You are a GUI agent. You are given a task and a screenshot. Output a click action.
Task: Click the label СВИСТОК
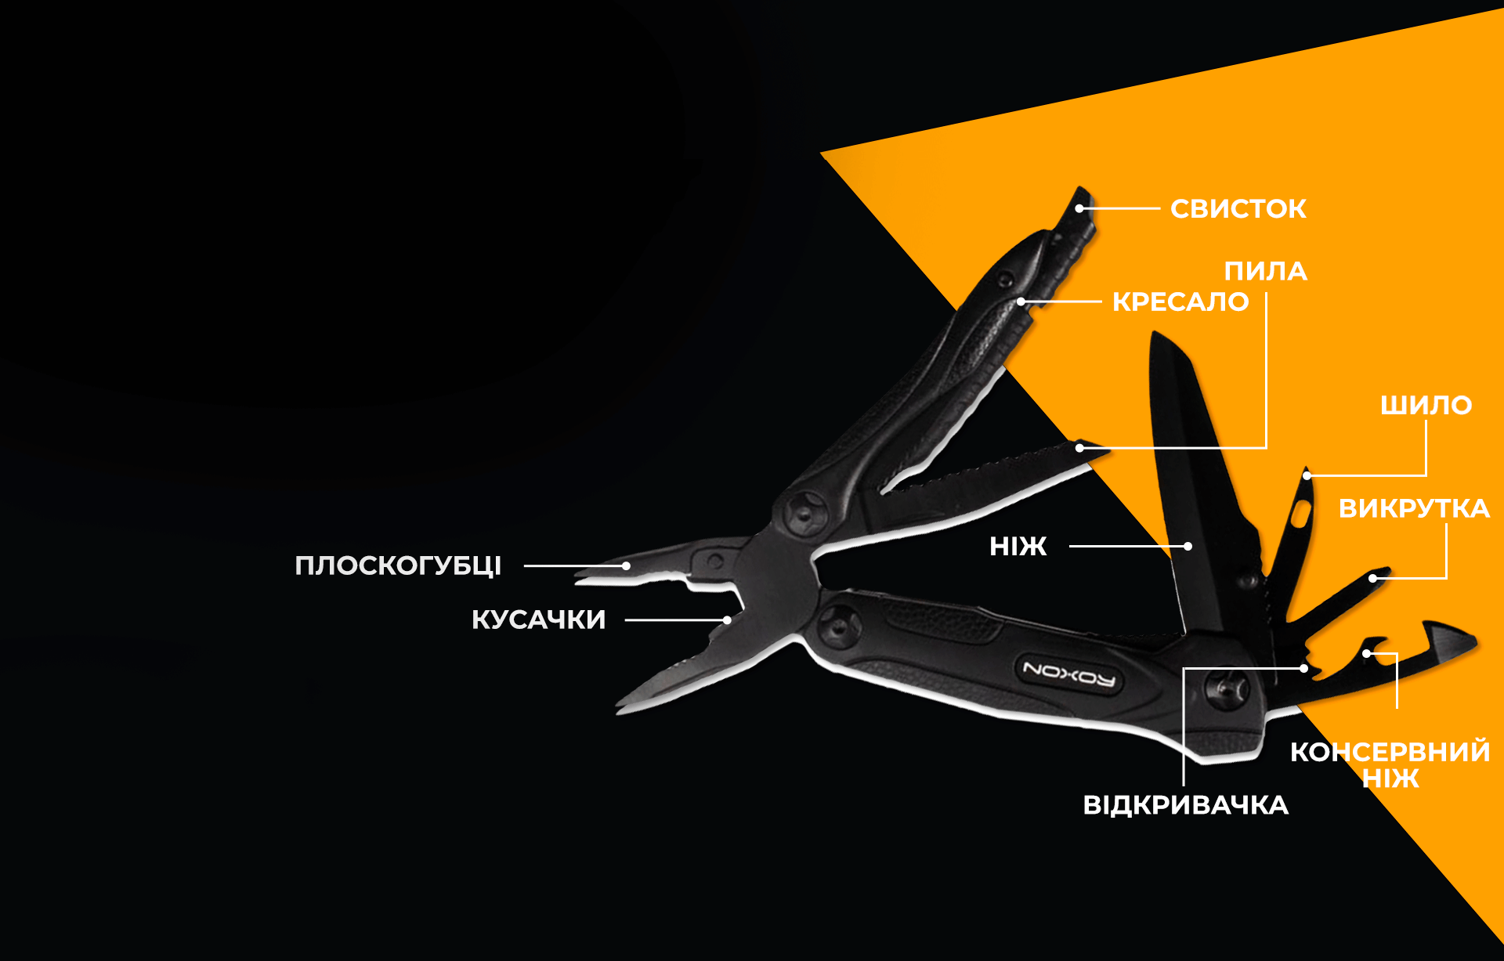pyautogui.click(x=1238, y=208)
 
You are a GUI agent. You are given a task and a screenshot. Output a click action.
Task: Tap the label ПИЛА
pyautogui.click(x=1265, y=271)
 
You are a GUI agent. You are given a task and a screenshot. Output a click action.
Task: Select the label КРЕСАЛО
pyautogui.click(x=1180, y=302)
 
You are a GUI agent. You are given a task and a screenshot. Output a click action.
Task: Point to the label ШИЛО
pyautogui.click(x=1426, y=405)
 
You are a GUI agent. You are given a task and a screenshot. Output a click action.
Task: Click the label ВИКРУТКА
pyautogui.click(x=1414, y=508)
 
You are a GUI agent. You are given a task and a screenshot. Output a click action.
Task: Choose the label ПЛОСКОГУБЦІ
pyautogui.click(x=398, y=565)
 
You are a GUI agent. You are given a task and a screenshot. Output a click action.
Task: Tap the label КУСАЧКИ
pyautogui.click(x=538, y=620)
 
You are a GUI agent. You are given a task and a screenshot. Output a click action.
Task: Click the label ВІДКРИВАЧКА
pyautogui.click(x=1185, y=805)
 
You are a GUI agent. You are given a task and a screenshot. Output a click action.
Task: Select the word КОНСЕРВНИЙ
pyautogui.click(x=1390, y=751)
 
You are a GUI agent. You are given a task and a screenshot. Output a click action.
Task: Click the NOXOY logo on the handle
pyautogui.click(x=1069, y=673)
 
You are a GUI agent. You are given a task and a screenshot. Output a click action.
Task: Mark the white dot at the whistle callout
pyautogui.click(x=1079, y=208)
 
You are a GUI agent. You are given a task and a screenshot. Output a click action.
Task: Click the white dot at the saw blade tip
pyautogui.click(x=1079, y=448)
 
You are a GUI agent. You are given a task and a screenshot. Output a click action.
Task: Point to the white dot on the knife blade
pyautogui.click(x=1188, y=546)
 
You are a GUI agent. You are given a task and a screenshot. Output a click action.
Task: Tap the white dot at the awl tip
pyautogui.click(x=1307, y=475)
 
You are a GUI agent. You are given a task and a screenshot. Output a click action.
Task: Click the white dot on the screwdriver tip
pyautogui.click(x=1372, y=579)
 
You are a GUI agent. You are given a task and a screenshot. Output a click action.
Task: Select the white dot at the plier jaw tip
pyautogui.click(x=626, y=565)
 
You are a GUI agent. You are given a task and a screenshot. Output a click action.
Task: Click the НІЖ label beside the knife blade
pyautogui.click(x=1018, y=546)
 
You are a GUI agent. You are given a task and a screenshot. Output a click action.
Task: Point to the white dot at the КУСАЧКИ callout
pyautogui.click(x=727, y=620)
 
